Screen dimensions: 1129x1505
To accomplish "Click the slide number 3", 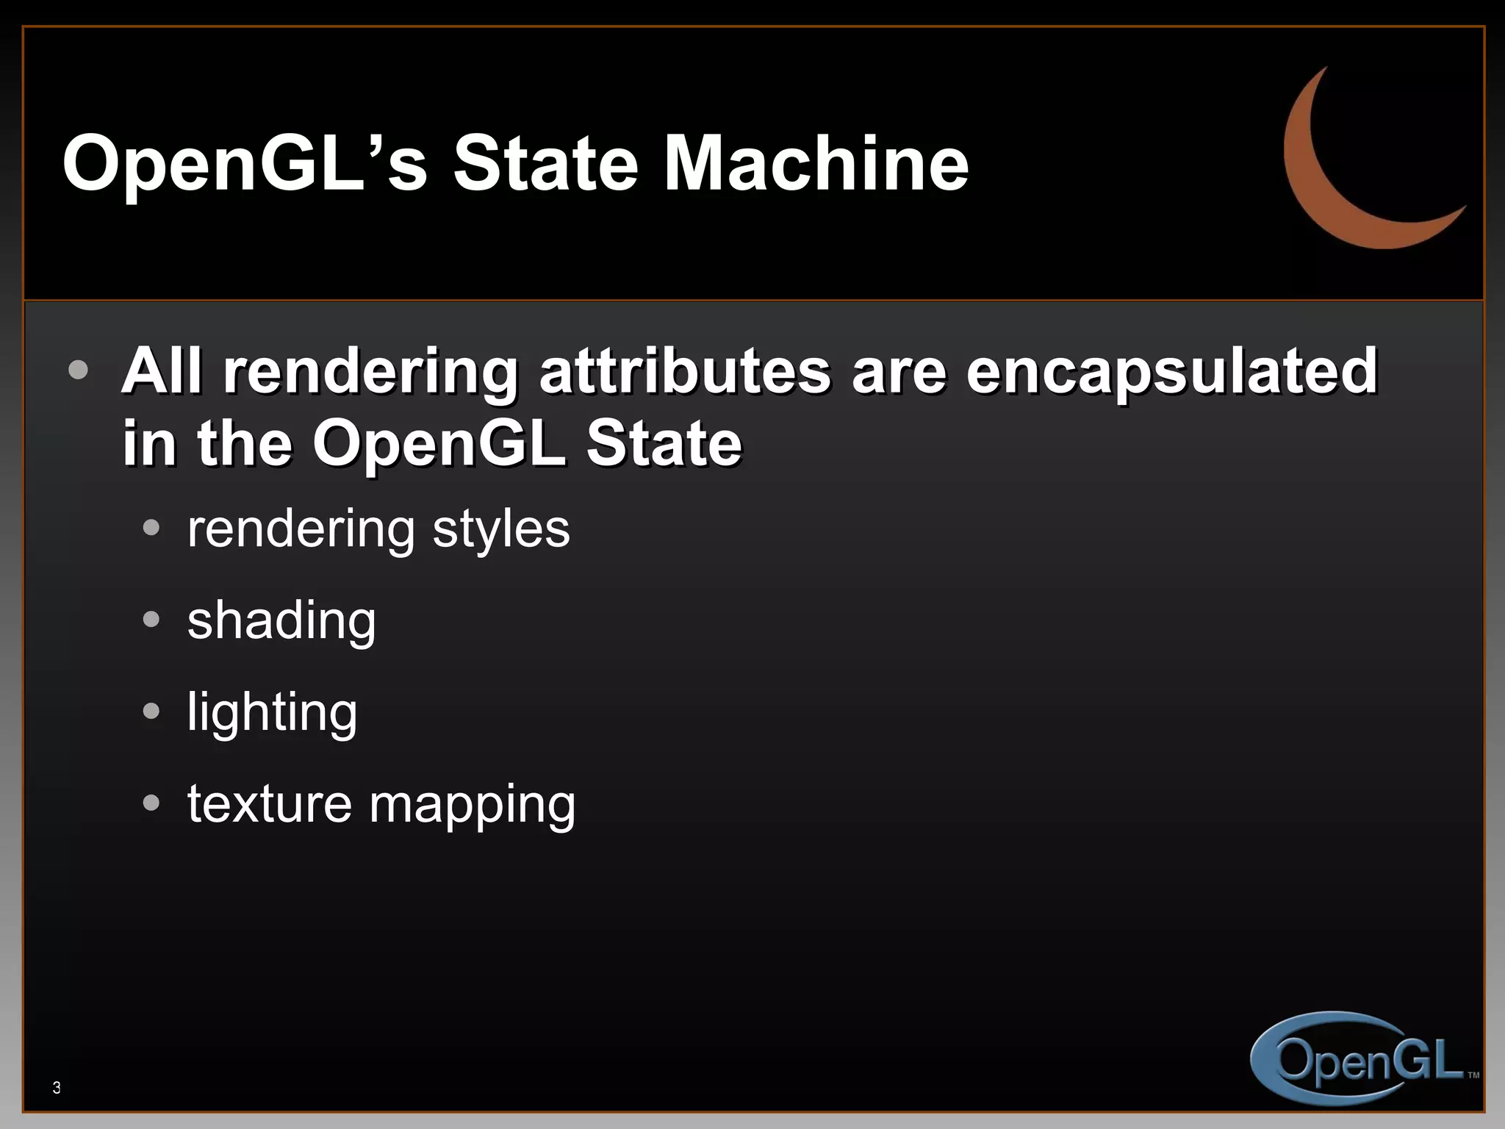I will point(57,1088).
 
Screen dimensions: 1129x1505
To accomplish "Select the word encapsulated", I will point(1171,370).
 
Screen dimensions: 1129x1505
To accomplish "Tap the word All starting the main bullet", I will point(162,370).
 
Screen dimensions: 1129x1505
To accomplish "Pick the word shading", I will point(281,621).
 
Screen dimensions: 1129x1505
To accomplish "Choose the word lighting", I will point(272,712).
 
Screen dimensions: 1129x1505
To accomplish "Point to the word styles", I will point(500,529).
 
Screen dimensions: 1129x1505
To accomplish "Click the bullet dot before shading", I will point(151,619).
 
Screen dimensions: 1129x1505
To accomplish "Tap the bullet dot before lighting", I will point(151,711).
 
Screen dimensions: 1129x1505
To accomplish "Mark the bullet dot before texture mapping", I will point(151,803).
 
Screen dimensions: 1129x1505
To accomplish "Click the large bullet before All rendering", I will point(78,369).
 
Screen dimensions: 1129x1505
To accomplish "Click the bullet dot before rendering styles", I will point(151,527).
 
